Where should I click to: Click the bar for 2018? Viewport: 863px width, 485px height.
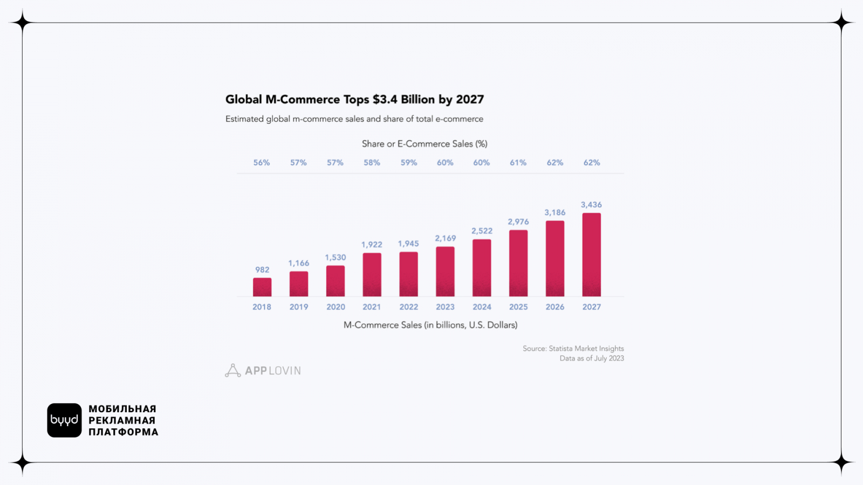coord(262,287)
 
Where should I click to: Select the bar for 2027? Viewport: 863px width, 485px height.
coord(592,255)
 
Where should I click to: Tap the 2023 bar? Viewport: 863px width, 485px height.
coord(445,272)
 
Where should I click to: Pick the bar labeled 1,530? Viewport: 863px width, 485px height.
coord(335,281)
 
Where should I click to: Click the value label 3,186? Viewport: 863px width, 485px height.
coord(555,213)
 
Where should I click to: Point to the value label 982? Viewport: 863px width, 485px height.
coord(262,270)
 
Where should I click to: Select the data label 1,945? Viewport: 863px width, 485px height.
coord(408,244)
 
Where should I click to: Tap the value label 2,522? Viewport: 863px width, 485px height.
coord(482,231)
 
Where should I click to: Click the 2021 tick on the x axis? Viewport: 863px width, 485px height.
coord(372,307)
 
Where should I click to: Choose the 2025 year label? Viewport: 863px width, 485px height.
coord(518,307)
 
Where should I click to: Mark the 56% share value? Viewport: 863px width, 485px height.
coord(262,163)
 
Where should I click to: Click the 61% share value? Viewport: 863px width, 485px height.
coord(518,163)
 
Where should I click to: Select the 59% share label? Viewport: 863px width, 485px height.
coord(409,163)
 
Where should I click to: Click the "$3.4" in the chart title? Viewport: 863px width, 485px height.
coord(385,100)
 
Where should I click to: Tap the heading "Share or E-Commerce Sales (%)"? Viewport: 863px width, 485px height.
coord(424,144)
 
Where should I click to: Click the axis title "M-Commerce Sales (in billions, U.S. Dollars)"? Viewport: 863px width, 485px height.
coord(430,325)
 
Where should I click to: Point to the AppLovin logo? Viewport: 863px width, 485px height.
coord(263,371)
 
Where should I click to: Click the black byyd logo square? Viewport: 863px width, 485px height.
coord(64,420)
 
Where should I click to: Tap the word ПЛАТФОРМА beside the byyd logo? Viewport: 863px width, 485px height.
coord(124,432)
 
